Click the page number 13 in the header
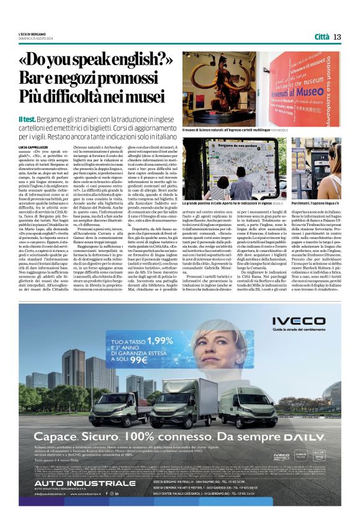pyautogui.click(x=337, y=37)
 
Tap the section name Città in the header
pyautogui.click(x=322, y=37)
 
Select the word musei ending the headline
pyautogui.click(x=153, y=99)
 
